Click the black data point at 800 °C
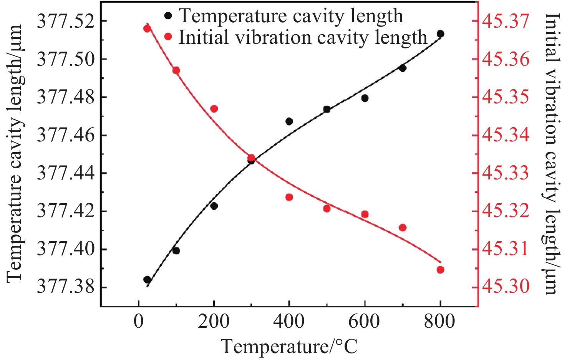pos(440,34)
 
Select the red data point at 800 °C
pos(440,270)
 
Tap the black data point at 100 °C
pos(176,251)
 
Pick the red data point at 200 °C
pos(214,109)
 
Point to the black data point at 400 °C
pos(289,121)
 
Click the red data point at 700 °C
pos(403,228)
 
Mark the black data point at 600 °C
pos(365,98)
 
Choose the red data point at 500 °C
pos(327,209)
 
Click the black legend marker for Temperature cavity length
pos(168,16)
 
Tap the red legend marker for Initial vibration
pos(168,37)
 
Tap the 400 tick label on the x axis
pos(289,322)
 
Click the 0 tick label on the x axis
pos(139,322)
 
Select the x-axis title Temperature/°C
pos(289,347)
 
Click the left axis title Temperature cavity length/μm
pos(15,154)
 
